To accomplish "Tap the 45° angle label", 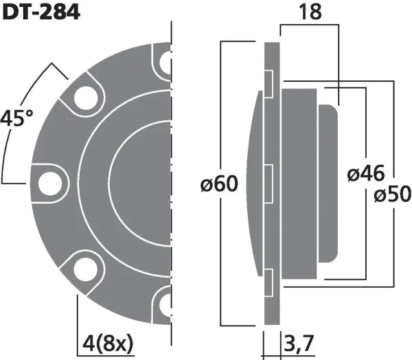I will tap(16, 119).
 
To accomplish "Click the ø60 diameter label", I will tap(220, 183).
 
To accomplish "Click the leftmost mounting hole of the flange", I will tap(51, 183).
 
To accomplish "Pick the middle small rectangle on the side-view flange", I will tap(271, 183).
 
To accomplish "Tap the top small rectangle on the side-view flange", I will tap(271, 82).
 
